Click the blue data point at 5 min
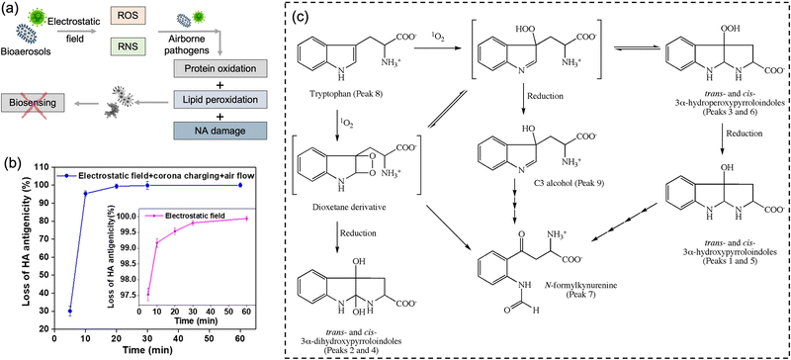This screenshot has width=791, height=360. (70, 311)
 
